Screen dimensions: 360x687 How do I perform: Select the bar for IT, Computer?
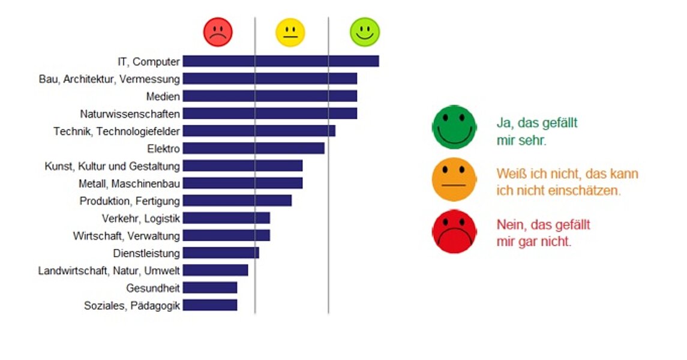280,61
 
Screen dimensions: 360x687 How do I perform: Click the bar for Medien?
269,96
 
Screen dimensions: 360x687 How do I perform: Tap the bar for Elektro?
253,148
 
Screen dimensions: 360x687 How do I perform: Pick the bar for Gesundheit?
209,288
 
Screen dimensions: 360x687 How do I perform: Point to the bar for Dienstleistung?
221,253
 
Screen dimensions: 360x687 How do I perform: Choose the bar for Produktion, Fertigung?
237,200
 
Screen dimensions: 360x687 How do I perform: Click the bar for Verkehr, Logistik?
226,218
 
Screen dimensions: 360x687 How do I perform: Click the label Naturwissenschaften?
130,113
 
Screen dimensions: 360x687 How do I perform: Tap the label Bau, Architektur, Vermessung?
109,79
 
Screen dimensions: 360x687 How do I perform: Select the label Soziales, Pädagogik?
132,306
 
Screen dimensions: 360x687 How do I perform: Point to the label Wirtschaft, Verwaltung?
126,236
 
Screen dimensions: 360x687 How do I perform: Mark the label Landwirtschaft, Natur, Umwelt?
109,271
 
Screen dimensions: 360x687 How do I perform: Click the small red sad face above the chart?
218,32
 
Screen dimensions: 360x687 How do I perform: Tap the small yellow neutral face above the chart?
290,32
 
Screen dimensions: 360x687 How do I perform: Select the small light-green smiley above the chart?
365,32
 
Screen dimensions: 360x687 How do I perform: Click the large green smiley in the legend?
454,127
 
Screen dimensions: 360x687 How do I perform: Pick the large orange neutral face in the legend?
454,179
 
